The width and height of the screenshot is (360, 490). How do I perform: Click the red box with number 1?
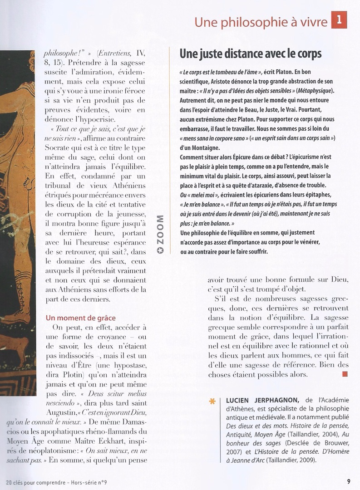(x=339, y=20)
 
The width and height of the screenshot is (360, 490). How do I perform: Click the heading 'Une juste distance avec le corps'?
(x=250, y=54)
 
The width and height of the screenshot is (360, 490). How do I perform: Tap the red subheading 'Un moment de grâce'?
(x=80, y=318)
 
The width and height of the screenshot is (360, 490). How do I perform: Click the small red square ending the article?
(x=345, y=374)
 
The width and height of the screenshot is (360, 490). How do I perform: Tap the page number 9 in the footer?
(x=348, y=482)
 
